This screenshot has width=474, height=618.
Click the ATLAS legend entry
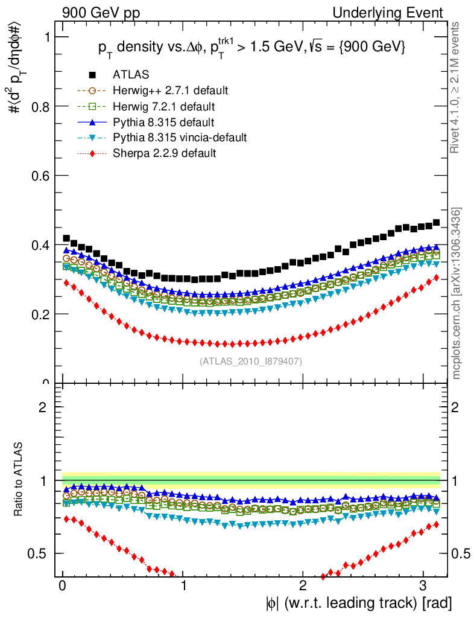(131, 75)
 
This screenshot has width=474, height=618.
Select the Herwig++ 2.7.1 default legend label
(170, 91)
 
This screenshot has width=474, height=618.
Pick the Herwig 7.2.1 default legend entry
(165, 106)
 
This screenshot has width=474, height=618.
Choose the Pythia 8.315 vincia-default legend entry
(180, 138)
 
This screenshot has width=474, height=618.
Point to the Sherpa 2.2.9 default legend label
(165, 153)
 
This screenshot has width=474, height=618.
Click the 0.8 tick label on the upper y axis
(39, 106)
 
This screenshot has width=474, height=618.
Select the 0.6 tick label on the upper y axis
(39, 176)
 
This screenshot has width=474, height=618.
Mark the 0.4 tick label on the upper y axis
(39, 245)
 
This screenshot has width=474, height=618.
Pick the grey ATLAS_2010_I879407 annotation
(251, 362)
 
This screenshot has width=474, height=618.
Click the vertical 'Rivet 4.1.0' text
(457, 88)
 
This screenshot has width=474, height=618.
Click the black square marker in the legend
(92, 75)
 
